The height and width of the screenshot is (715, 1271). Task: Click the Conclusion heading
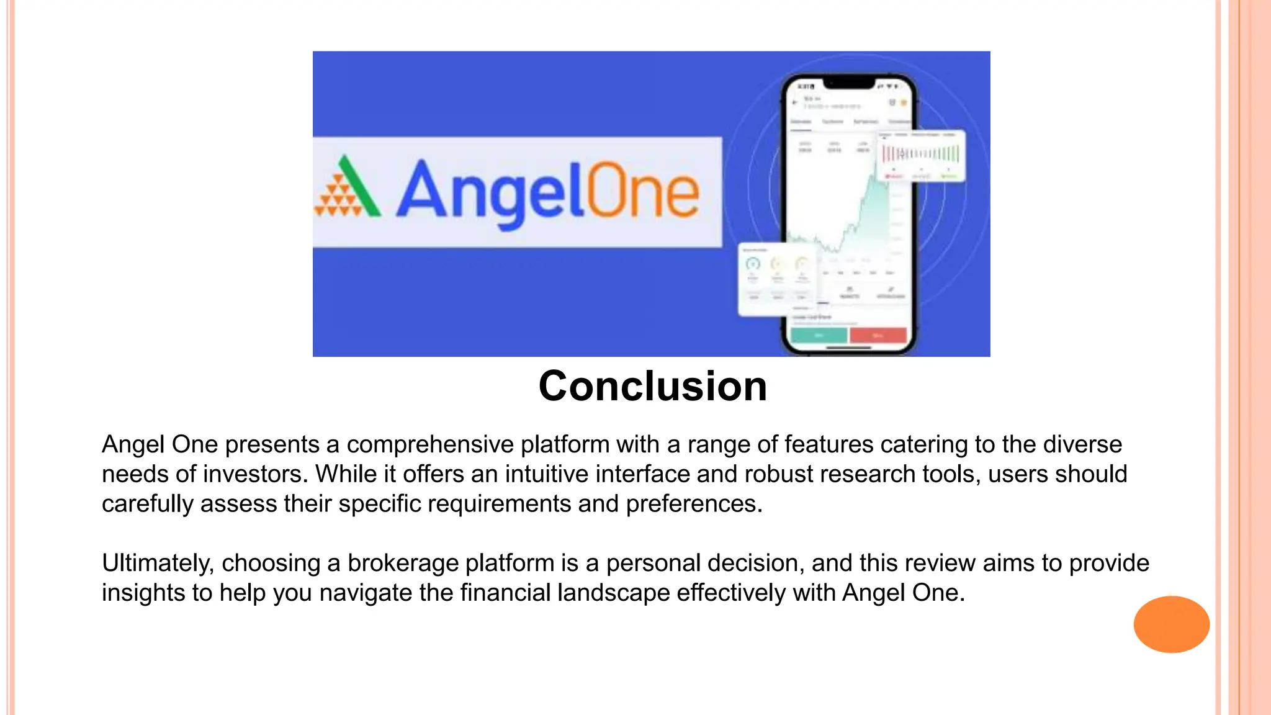coord(652,386)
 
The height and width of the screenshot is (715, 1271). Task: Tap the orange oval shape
coord(1171,624)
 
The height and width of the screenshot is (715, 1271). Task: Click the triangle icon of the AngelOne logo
coord(348,188)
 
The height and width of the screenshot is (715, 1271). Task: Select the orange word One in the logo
coord(642,192)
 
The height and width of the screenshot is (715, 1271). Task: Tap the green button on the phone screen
coord(819,335)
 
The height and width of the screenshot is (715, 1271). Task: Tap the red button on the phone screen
coord(878,335)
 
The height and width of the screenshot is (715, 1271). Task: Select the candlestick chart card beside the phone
coord(921,156)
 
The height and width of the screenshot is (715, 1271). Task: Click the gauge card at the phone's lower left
coord(776,279)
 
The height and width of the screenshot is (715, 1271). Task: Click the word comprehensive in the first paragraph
coord(429,445)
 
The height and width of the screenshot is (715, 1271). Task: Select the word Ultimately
coord(158,564)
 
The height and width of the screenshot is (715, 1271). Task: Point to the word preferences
coord(693,504)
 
